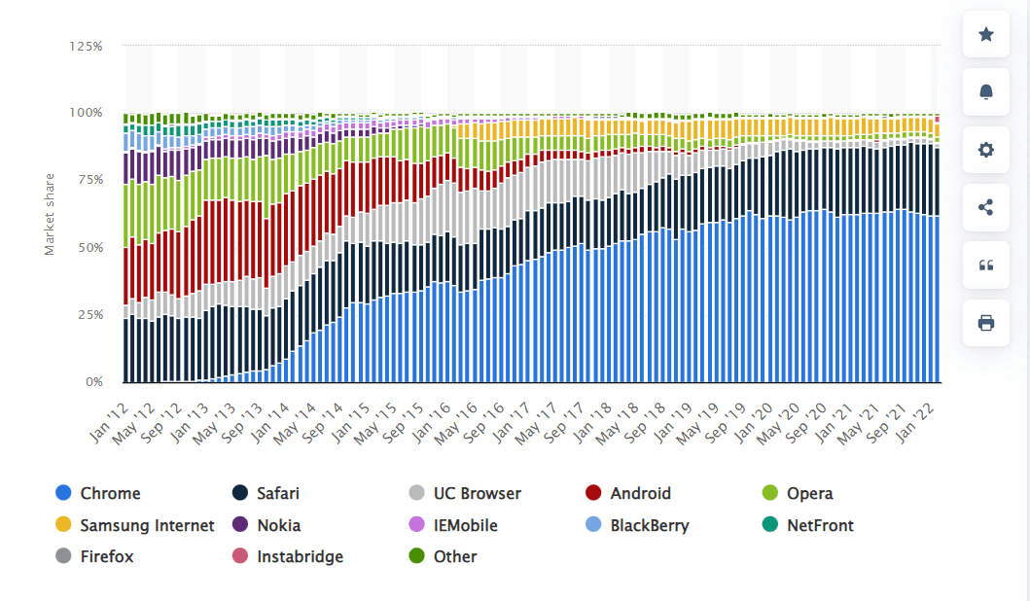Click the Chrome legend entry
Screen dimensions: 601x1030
pos(110,493)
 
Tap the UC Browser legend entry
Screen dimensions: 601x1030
pos(477,493)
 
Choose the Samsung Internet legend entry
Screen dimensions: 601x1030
pos(147,525)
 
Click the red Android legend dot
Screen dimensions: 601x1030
pos(593,493)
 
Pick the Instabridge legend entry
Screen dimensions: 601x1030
pos(300,557)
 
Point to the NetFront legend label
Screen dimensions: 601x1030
pos(820,525)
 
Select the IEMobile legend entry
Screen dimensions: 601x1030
pos(465,525)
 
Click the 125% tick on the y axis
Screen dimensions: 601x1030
pos(87,46)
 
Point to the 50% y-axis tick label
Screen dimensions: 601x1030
pos(89,248)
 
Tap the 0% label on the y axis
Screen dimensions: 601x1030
pos(93,382)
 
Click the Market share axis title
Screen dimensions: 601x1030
pos(50,214)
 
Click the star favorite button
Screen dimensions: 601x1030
pos(985,35)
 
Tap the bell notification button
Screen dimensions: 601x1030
pos(985,92)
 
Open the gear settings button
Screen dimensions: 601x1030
pos(985,150)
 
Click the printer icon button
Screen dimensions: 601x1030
pos(985,323)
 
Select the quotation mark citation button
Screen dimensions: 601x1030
pos(985,265)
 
